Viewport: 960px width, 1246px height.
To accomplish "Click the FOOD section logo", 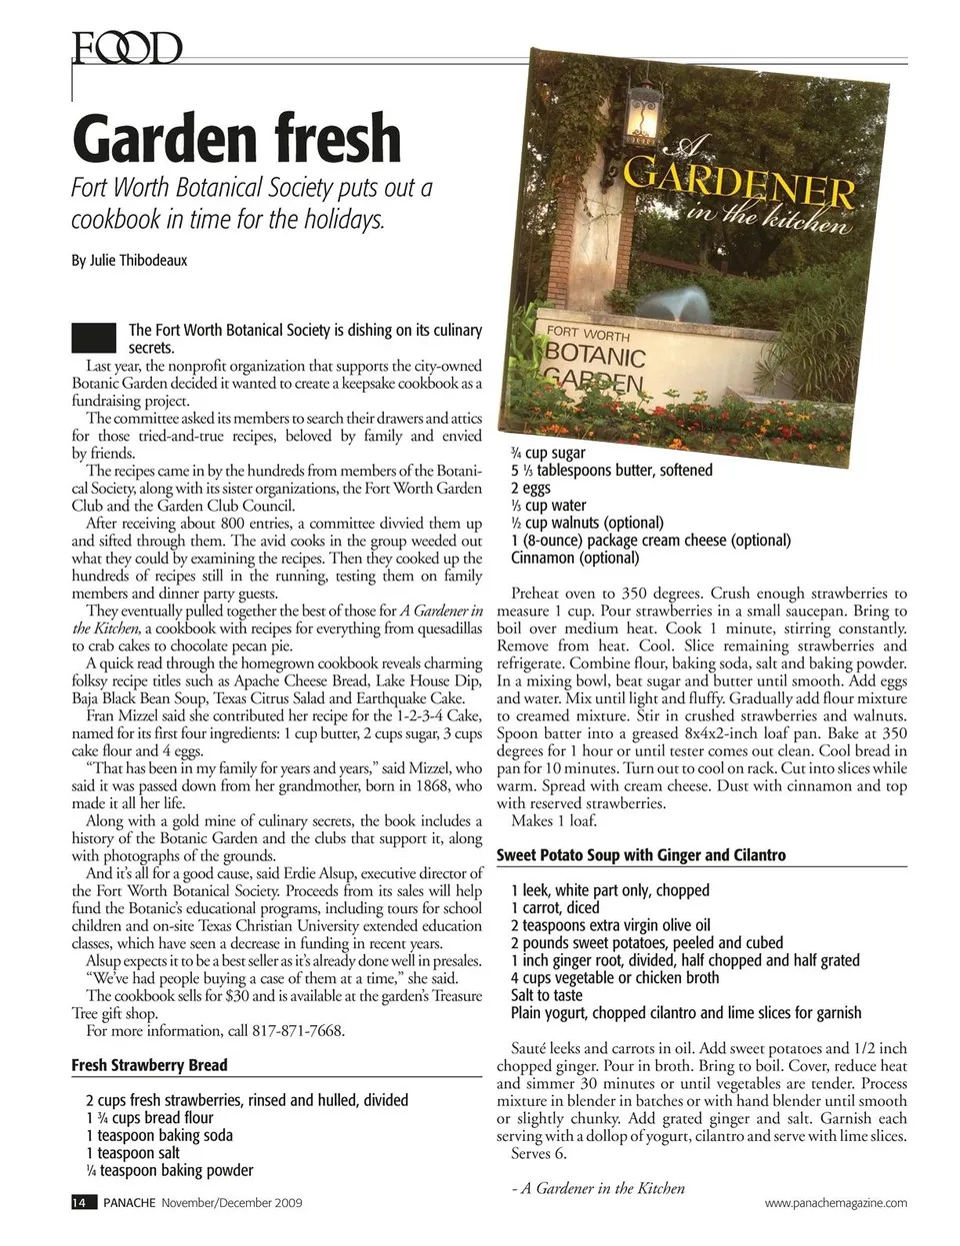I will pyautogui.click(x=126, y=47).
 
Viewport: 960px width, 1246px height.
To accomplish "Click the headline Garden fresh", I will pyautogui.click(x=236, y=139).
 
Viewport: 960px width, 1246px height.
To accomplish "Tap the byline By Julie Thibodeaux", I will pyautogui.click(x=129, y=260).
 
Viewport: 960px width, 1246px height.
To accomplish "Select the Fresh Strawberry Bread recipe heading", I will pyautogui.click(x=149, y=1065).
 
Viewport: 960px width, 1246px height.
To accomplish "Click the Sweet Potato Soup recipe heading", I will pyautogui.click(x=641, y=855).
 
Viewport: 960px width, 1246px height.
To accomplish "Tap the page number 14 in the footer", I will pyautogui.click(x=80, y=1202).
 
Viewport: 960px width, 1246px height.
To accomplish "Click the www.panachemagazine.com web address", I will pyautogui.click(x=836, y=1203).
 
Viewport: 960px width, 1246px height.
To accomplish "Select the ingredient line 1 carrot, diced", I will pyautogui.click(x=555, y=908).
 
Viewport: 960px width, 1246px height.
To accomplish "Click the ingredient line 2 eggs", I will pyautogui.click(x=530, y=488).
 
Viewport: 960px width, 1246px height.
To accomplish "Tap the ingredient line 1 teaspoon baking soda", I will pyautogui.click(x=159, y=1135).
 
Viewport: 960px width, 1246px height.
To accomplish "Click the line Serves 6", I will pyautogui.click(x=539, y=1153).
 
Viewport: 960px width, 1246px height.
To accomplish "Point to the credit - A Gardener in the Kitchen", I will pyautogui.click(x=597, y=1188).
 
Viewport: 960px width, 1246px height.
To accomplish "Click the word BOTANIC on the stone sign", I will pyautogui.click(x=596, y=357).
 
